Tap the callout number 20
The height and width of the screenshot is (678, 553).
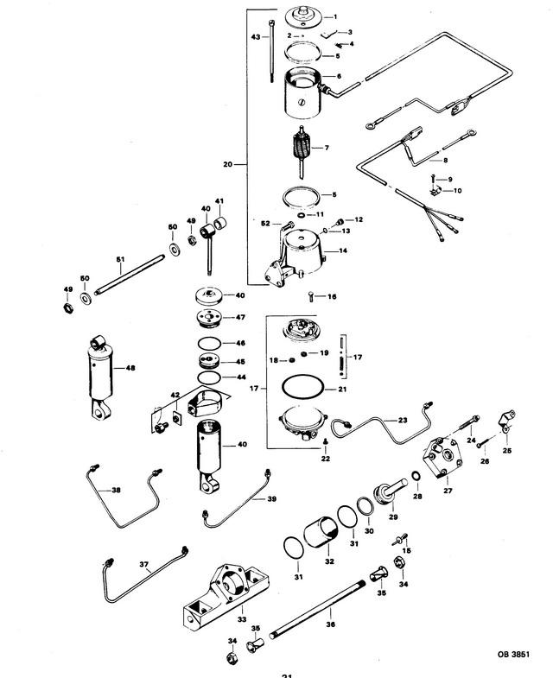(227, 164)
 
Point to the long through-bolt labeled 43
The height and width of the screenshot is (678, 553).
(271, 51)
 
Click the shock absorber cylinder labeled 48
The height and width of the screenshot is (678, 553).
(100, 377)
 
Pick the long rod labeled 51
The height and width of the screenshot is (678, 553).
(130, 275)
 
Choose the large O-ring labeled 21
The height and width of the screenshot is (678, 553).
(302, 385)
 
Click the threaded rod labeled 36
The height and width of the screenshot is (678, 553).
(318, 610)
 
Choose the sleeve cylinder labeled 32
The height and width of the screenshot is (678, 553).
(321, 535)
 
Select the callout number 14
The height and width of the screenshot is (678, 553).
(343, 250)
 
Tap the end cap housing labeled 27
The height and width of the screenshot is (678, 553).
(442, 459)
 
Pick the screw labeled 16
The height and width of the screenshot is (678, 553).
(312, 296)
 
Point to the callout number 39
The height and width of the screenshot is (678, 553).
(271, 499)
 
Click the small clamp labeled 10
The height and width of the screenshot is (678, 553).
(435, 190)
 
